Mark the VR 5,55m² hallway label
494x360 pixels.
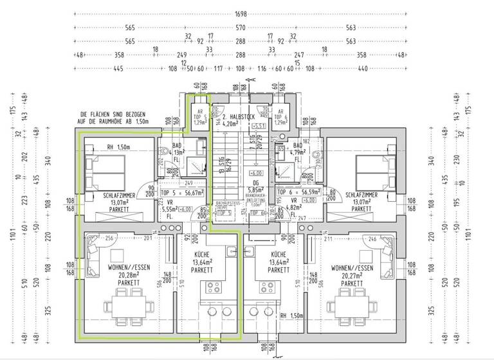pyautogui.click(x=169, y=209)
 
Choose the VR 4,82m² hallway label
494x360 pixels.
pyautogui.click(x=293, y=208)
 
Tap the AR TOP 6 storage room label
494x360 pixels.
pyautogui.click(x=280, y=116)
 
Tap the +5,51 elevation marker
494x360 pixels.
pyautogui.click(x=259, y=125)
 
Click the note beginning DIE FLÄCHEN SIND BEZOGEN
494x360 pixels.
pyautogui.click(x=114, y=116)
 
